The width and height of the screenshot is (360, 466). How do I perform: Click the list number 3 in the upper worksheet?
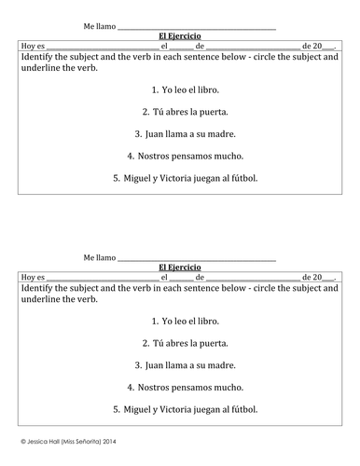136,133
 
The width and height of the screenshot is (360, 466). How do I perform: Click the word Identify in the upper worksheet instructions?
35,57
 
